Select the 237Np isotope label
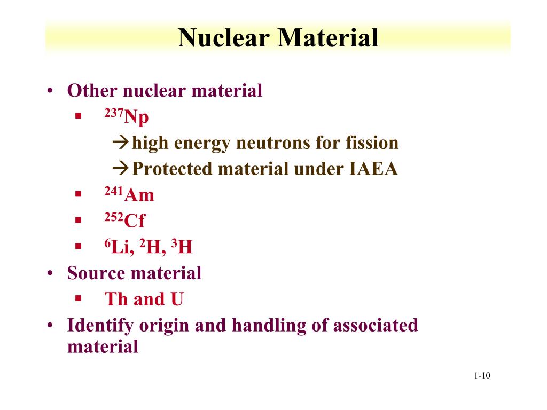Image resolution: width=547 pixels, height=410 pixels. (x=127, y=117)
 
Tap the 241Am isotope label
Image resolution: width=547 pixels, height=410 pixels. (x=129, y=195)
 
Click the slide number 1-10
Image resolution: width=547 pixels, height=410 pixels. (x=481, y=376)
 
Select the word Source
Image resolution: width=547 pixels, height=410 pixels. (x=96, y=273)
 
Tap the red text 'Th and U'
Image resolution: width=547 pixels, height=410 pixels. (x=144, y=299)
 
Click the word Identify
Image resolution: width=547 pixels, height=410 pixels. (x=99, y=325)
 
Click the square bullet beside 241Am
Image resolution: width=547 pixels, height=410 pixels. (x=78, y=195)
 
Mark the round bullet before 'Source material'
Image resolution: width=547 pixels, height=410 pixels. (x=50, y=273)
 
